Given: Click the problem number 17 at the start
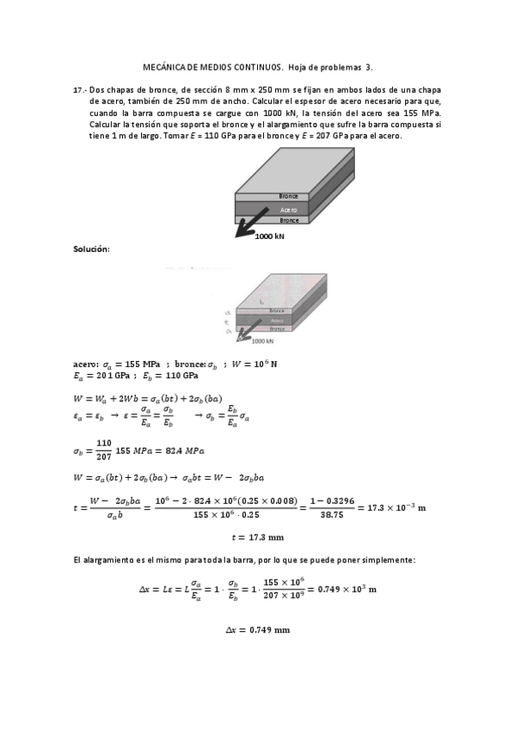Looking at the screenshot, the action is pyautogui.click(x=78, y=89).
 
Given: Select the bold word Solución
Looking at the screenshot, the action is pyautogui.click(x=91, y=248).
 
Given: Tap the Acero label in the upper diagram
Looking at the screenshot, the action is pyautogui.click(x=289, y=209).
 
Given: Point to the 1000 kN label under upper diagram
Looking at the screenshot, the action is pyautogui.click(x=270, y=236).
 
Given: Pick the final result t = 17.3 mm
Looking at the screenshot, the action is pyautogui.click(x=257, y=537).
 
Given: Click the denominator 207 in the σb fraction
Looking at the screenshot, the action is pyautogui.click(x=104, y=457).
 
